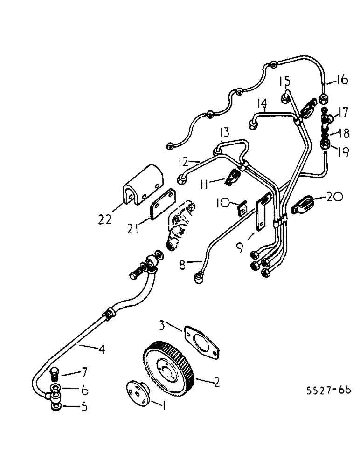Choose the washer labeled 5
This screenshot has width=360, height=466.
[x=55, y=405]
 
